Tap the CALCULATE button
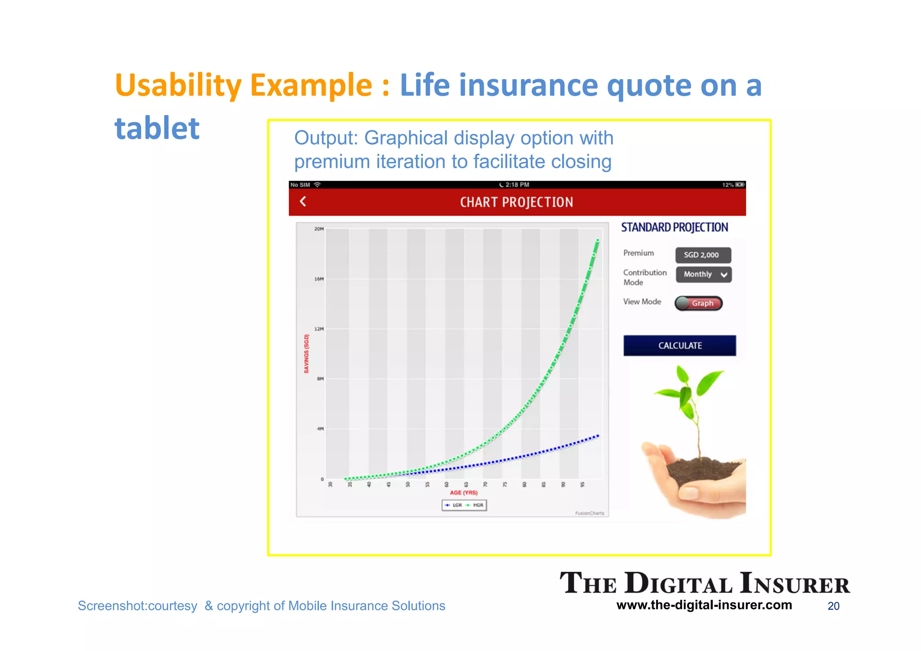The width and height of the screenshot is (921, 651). (x=680, y=345)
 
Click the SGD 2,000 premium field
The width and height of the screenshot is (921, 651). (x=703, y=255)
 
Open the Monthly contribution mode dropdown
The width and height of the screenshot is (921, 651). (x=704, y=274)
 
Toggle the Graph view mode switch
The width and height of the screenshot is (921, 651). (x=698, y=303)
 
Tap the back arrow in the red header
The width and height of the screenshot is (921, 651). (x=303, y=201)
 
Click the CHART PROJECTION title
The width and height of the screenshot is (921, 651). (x=516, y=202)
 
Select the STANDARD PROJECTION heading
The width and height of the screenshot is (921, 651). (x=674, y=227)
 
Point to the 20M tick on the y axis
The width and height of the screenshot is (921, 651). (x=319, y=229)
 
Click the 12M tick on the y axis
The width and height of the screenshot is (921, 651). (x=319, y=329)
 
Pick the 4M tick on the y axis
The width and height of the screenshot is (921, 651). (x=320, y=428)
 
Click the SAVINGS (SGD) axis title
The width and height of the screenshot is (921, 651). (x=306, y=353)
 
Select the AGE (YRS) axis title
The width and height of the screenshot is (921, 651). (x=464, y=493)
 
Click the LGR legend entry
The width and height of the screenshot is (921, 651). (x=454, y=505)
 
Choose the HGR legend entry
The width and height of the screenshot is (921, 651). (x=475, y=505)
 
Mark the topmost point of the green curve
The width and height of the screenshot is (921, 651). (x=598, y=240)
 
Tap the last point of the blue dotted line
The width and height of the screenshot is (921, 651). (x=598, y=436)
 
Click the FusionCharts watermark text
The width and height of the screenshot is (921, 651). (x=589, y=513)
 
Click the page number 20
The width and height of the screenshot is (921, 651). (x=833, y=606)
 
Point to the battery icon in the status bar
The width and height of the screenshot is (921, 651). (x=740, y=185)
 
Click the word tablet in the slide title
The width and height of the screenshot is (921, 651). (x=157, y=128)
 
